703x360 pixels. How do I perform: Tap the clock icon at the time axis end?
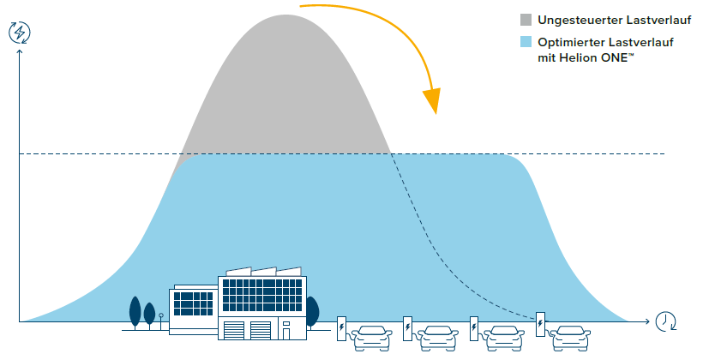click(x=665, y=321)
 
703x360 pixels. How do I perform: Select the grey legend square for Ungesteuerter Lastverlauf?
click(x=526, y=19)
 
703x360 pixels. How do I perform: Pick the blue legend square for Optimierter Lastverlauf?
click(x=526, y=44)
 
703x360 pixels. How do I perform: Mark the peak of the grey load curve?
click(x=285, y=15)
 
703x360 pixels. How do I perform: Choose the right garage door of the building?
click(x=261, y=329)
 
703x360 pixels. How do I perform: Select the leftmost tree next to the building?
click(x=135, y=310)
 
